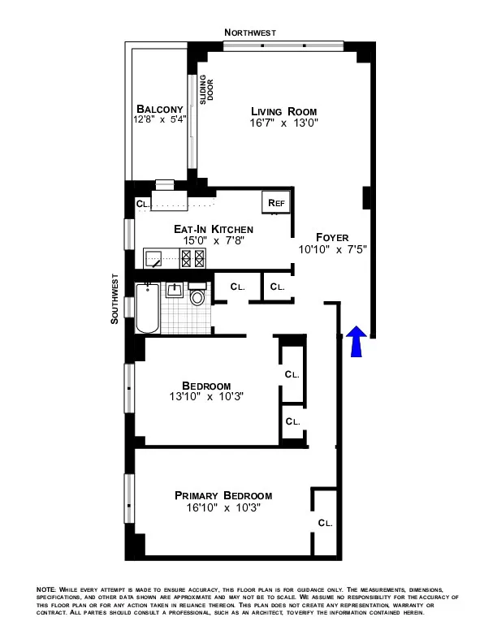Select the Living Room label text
tap(283, 111)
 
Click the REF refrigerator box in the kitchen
tap(271, 203)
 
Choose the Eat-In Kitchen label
tap(203, 230)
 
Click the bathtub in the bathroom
tap(147, 308)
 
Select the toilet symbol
tap(197, 296)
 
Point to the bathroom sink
tap(174, 289)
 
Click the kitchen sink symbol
tap(154, 259)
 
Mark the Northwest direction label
tap(250, 32)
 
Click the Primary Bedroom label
tap(223, 495)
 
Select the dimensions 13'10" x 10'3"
tap(206, 397)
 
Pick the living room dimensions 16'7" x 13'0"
tap(283, 123)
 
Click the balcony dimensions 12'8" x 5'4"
tap(160, 120)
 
